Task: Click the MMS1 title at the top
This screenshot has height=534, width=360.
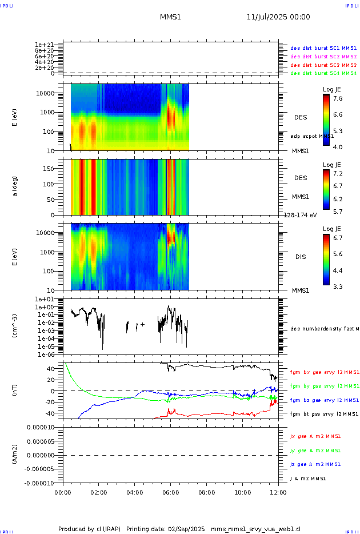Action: (170, 17)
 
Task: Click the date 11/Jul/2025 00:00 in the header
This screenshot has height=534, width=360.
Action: (278, 17)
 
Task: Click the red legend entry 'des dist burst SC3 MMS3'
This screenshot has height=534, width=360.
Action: (323, 65)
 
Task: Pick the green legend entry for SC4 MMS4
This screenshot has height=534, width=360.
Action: (323, 73)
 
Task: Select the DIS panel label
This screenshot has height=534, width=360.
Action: (301, 257)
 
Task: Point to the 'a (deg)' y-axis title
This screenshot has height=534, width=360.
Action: (15, 186)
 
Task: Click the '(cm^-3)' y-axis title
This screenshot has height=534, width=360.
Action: (15, 326)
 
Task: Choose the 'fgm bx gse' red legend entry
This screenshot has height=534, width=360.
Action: (323, 372)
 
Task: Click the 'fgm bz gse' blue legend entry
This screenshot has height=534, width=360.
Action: (323, 400)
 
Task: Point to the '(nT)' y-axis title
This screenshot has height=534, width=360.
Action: (15, 391)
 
